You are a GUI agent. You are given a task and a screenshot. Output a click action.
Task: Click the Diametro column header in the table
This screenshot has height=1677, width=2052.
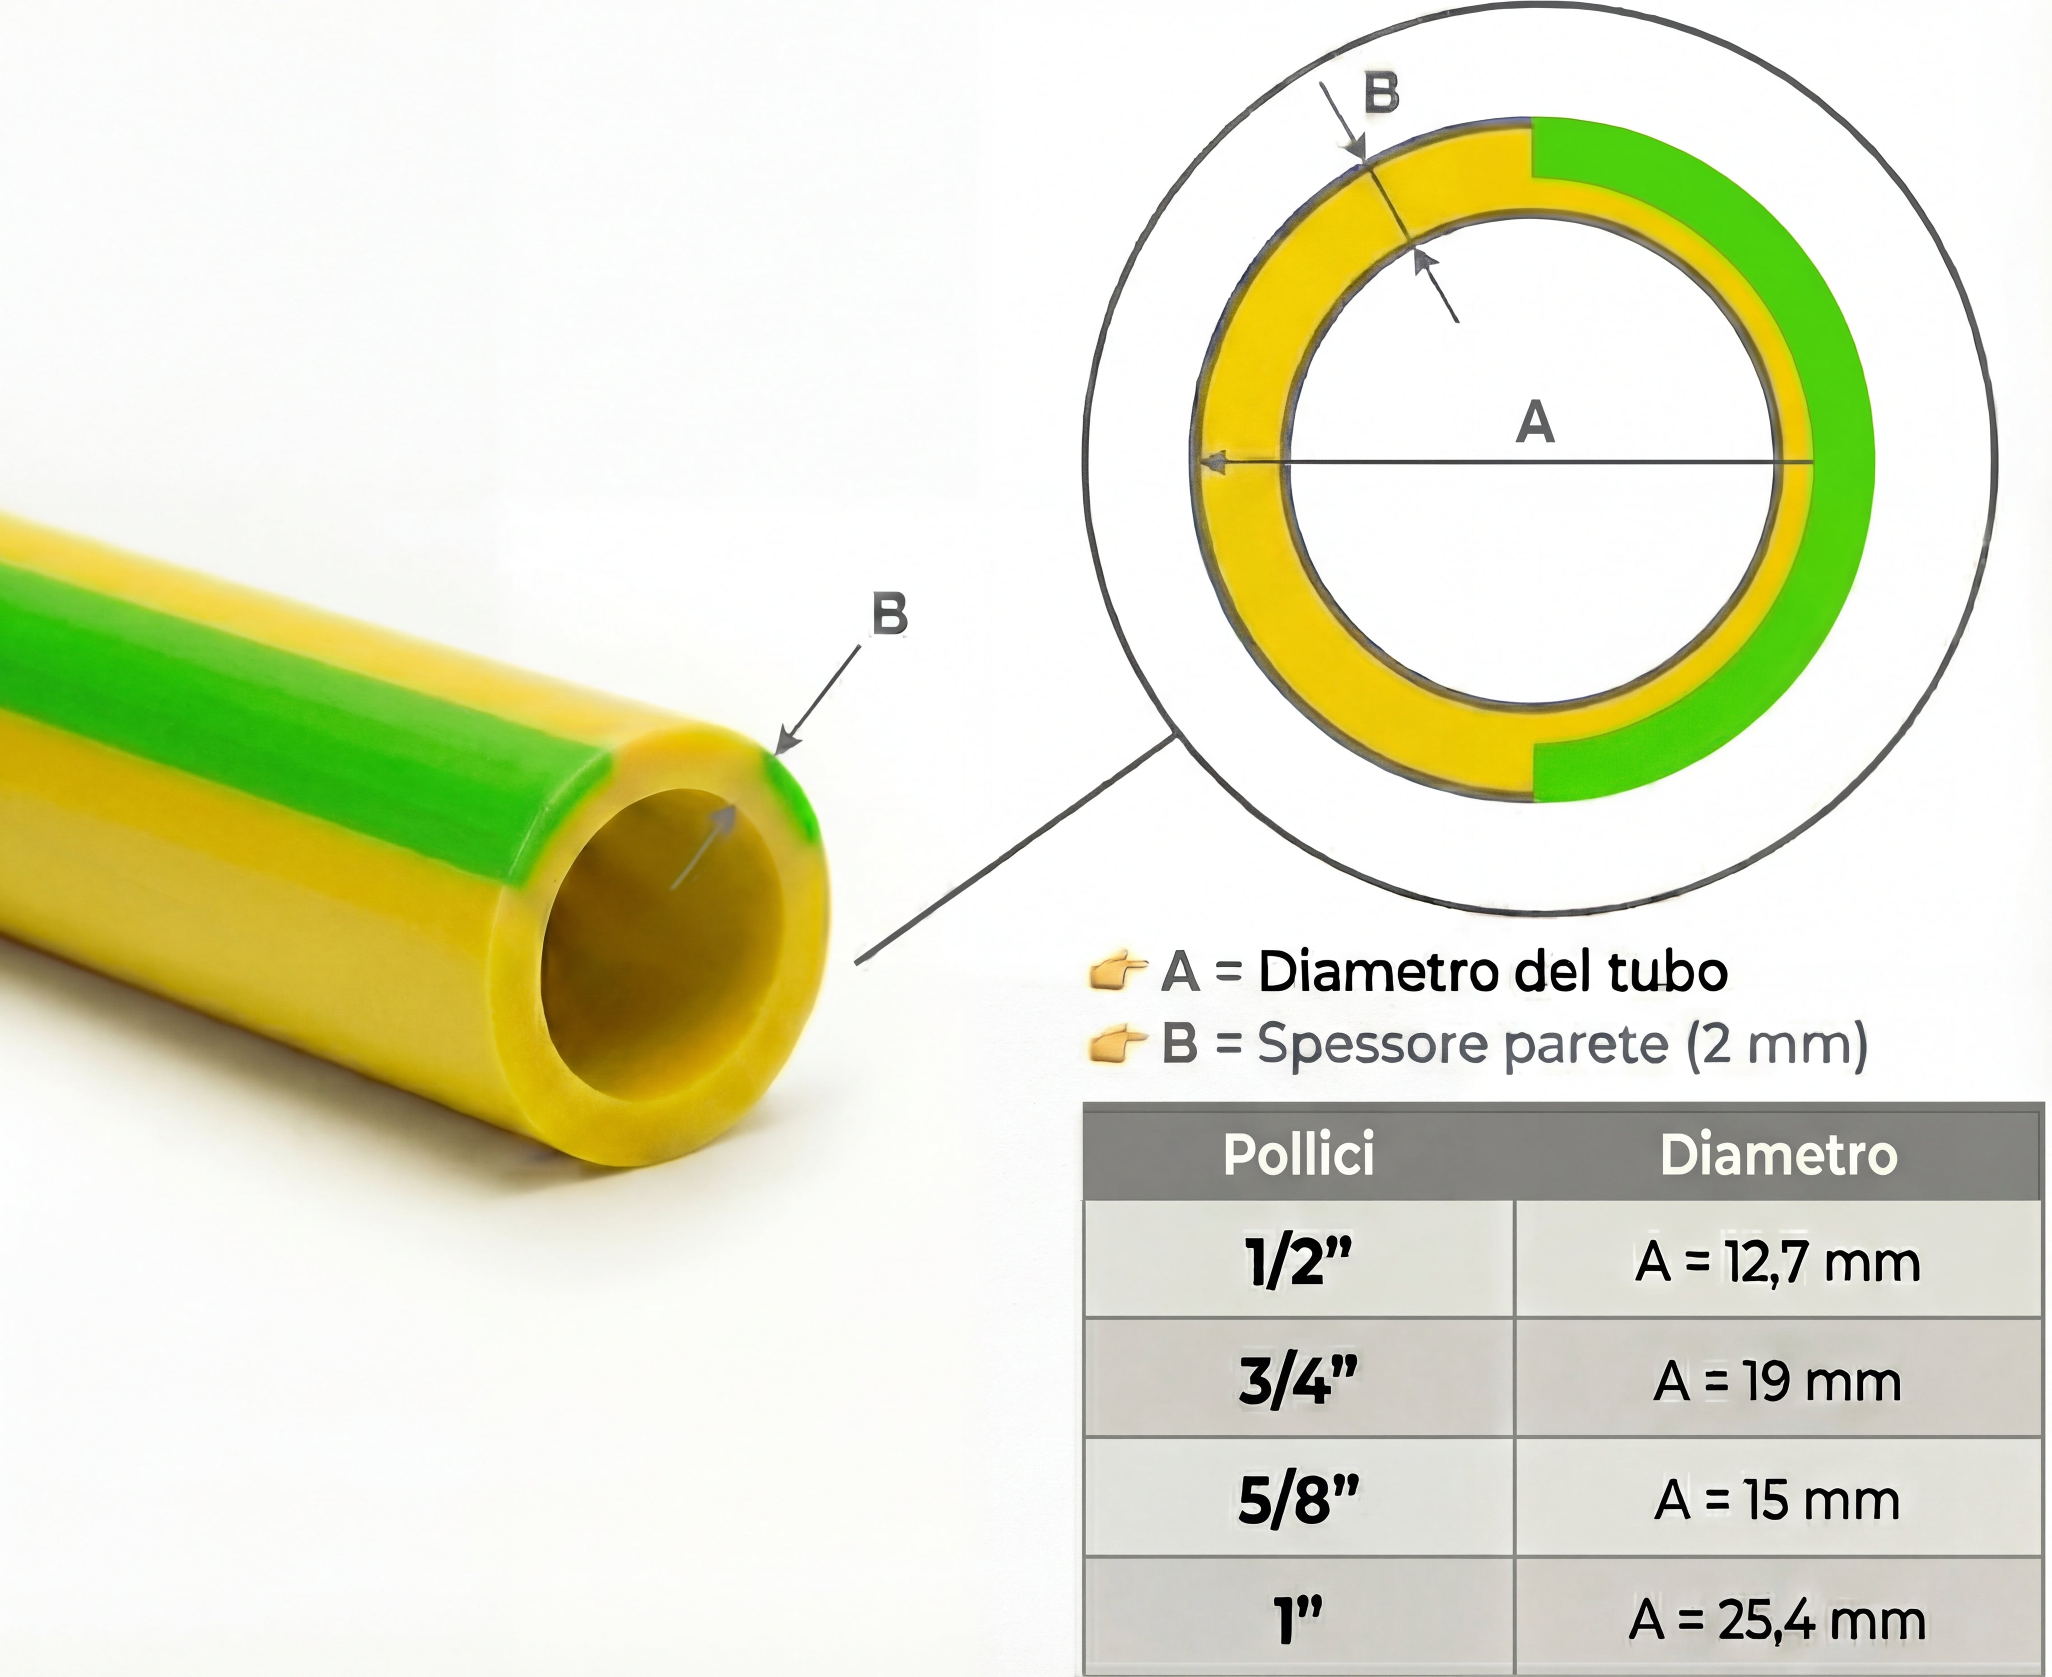pyautogui.click(x=1779, y=1154)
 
